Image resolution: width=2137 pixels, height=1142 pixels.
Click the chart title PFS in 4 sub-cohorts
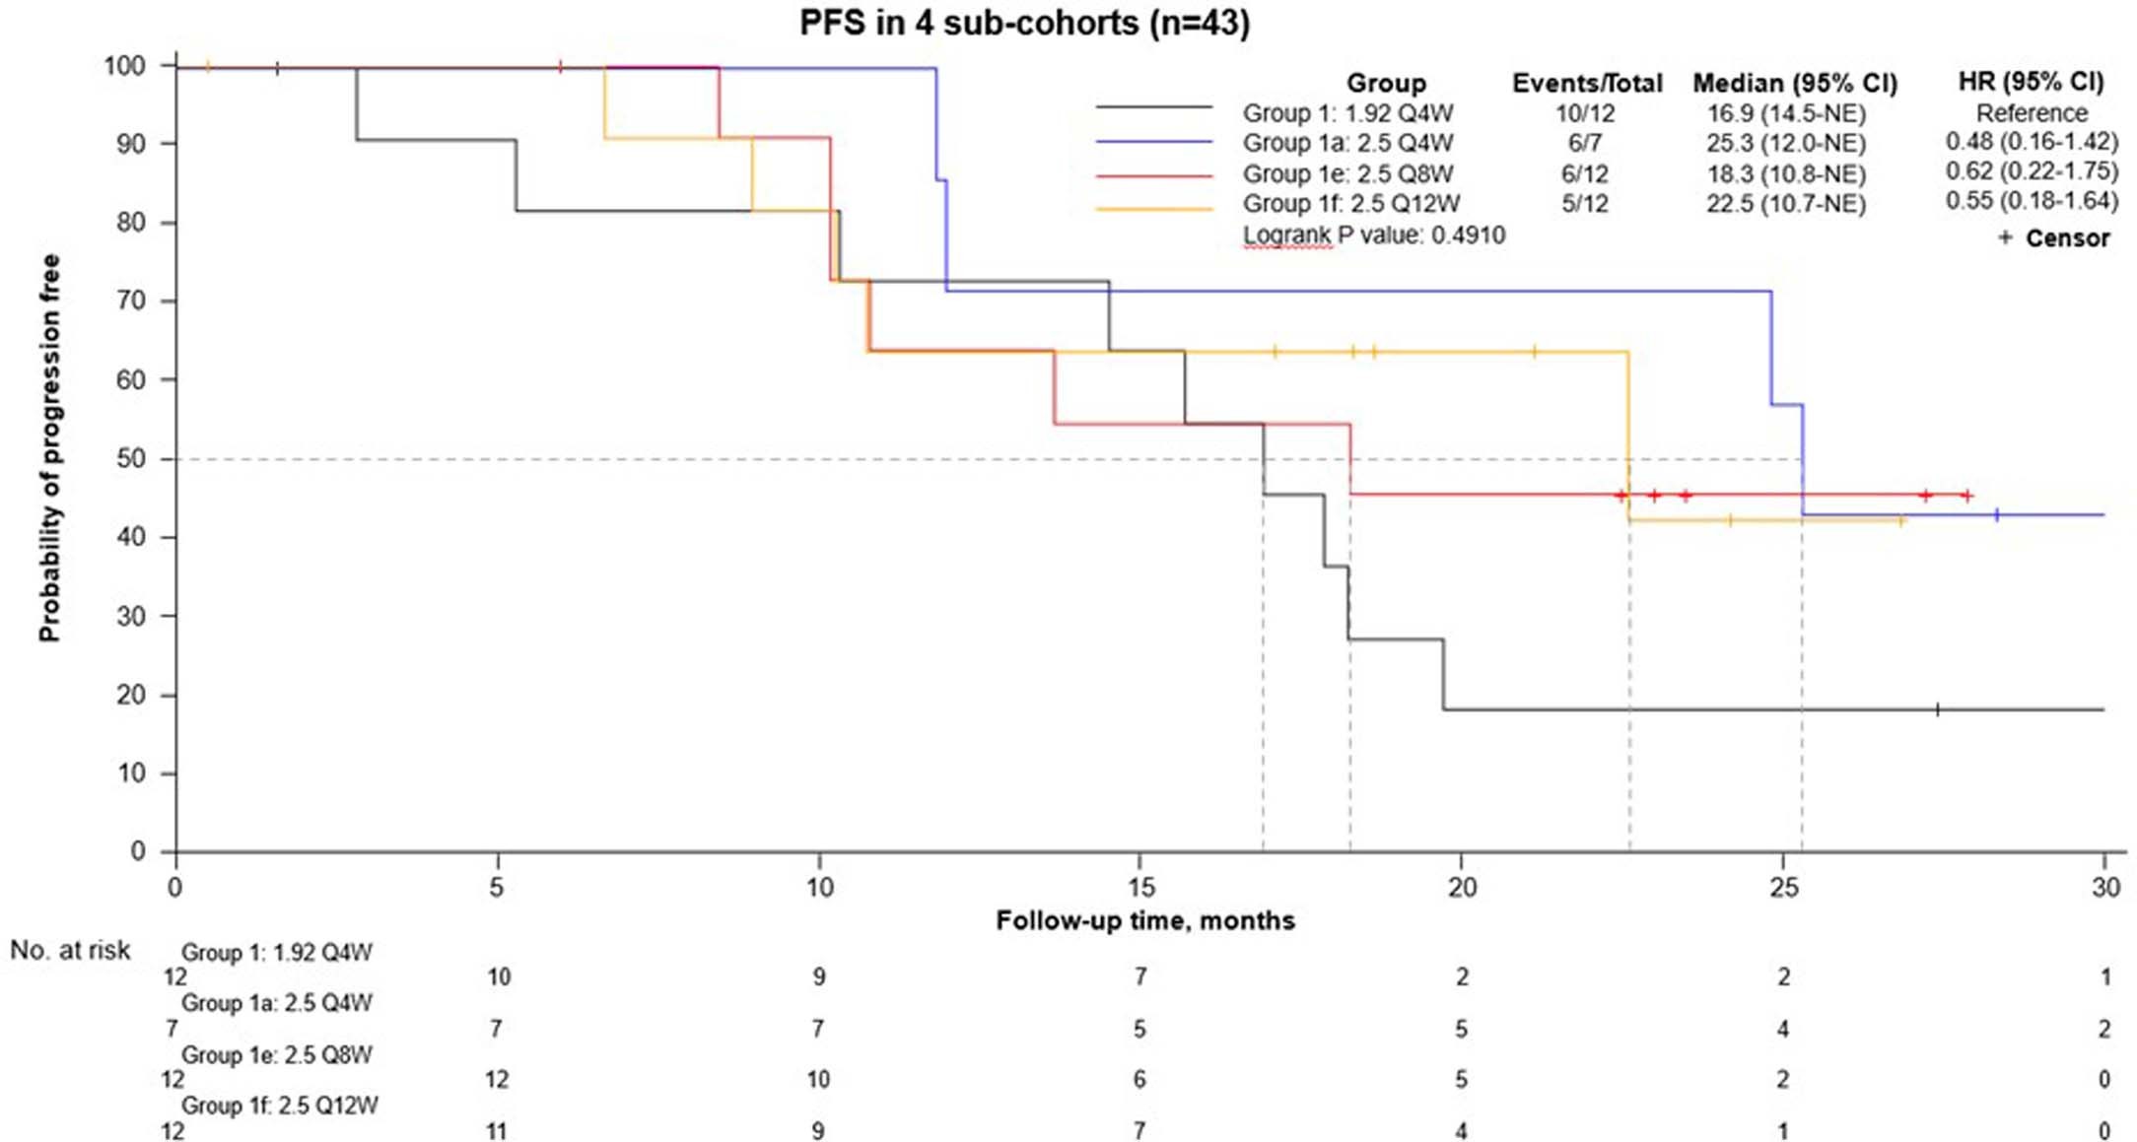(x=1024, y=22)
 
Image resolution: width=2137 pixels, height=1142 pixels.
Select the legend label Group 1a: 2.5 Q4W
(x=1347, y=144)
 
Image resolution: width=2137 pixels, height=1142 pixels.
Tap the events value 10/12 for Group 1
(x=1585, y=113)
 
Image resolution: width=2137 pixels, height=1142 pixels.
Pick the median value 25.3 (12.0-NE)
(x=1786, y=144)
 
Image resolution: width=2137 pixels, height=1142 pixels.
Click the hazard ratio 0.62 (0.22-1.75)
(x=2032, y=171)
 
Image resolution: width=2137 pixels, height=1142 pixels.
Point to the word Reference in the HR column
(x=2032, y=113)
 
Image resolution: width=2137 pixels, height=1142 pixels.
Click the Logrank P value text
(x=1374, y=235)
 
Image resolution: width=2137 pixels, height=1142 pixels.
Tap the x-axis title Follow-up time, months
(x=1144, y=921)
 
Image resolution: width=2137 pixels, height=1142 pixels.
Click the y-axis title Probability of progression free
(x=49, y=448)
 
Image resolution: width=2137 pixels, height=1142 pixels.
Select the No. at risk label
(x=70, y=950)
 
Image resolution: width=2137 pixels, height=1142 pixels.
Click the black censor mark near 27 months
(x=1937, y=709)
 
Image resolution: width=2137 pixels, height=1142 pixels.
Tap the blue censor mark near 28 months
(x=1997, y=514)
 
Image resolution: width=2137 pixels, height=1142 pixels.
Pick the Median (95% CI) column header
(x=1794, y=83)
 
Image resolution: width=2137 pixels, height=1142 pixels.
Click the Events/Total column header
(x=1587, y=83)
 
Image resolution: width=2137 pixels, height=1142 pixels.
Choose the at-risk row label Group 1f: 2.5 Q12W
(x=280, y=1106)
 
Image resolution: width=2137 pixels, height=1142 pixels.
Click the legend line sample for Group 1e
(x=1154, y=175)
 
